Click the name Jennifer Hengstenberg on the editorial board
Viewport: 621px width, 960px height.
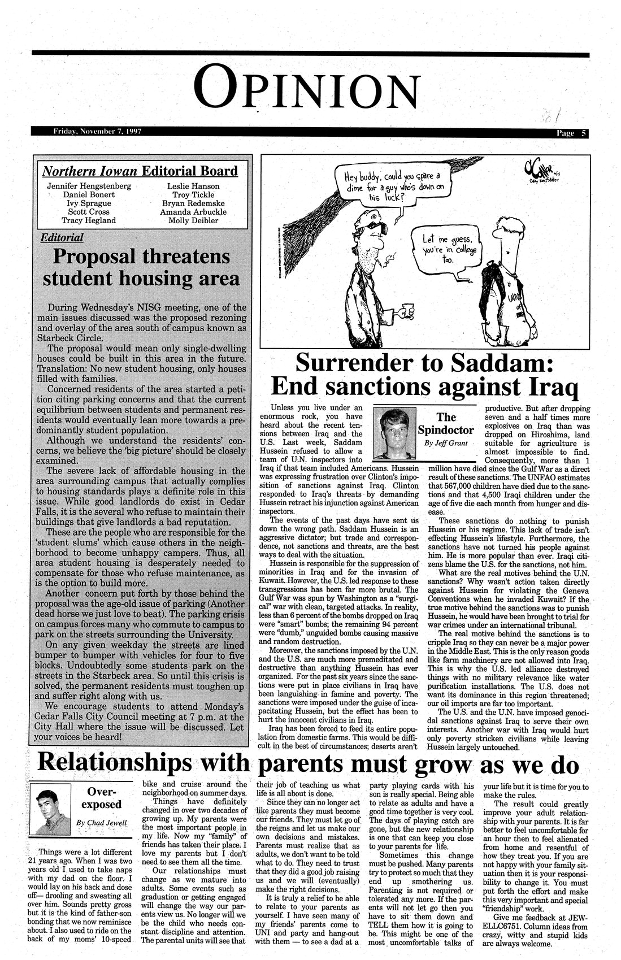click(89, 186)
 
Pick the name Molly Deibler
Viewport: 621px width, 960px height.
click(194, 220)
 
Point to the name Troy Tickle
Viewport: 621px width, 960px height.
click(194, 194)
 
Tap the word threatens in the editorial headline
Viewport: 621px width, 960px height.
click(187, 257)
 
